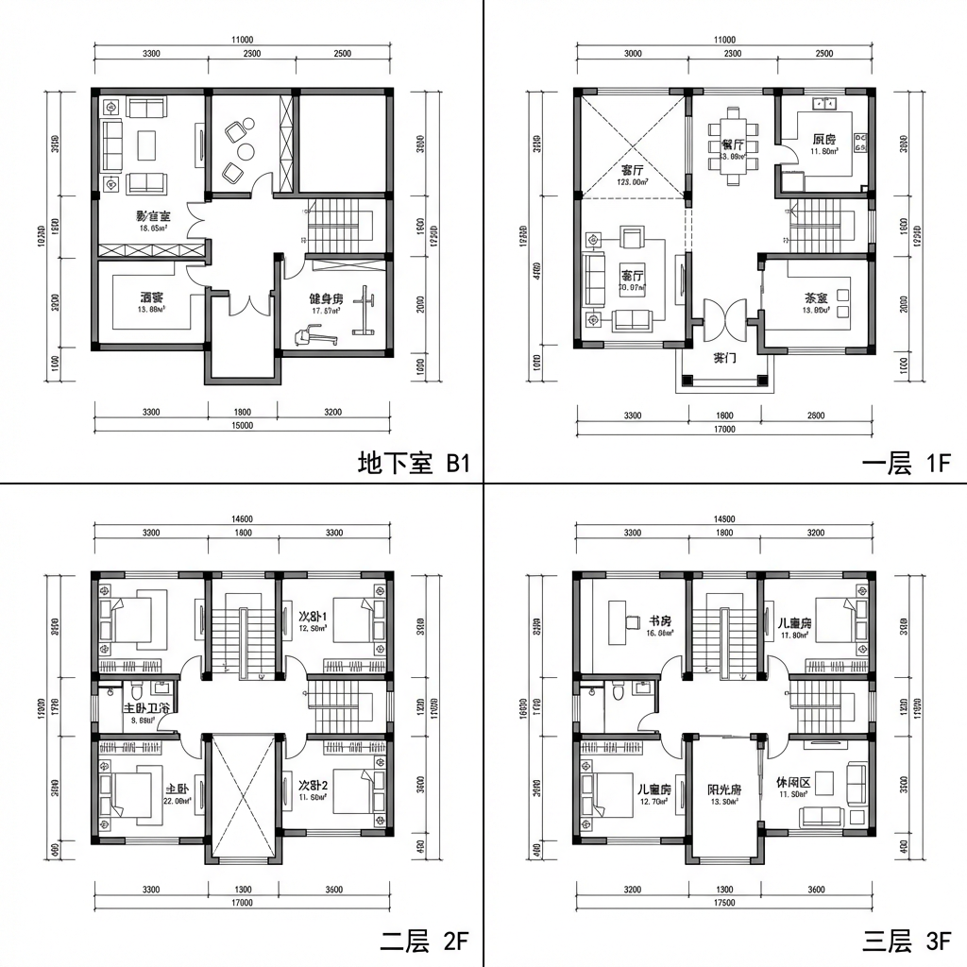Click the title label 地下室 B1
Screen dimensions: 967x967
point(413,463)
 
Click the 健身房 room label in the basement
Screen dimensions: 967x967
point(325,299)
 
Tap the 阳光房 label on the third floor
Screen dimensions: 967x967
point(723,790)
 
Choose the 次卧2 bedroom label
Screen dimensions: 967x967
point(313,786)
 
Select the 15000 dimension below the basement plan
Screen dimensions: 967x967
point(242,426)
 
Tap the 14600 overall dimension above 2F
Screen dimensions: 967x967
point(242,518)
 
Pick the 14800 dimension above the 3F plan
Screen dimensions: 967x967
point(724,518)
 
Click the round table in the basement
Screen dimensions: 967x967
point(246,151)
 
